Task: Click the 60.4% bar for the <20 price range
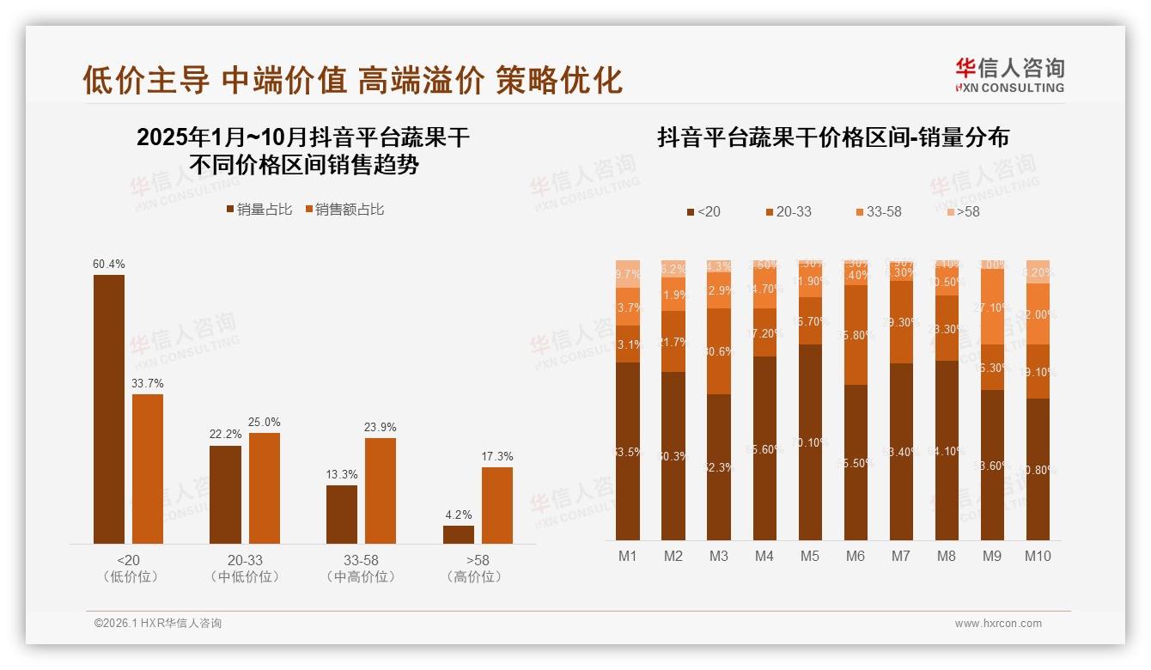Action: [x=109, y=409]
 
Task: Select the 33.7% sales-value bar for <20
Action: [x=148, y=468]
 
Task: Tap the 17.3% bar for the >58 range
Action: [x=496, y=505]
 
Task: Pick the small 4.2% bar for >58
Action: [x=458, y=534]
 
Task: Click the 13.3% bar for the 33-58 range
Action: [x=342, y=514]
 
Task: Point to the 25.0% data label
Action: [x=265, y=423]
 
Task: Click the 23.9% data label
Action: [x=381, y=428]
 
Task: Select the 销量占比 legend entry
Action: [x=259, y=210]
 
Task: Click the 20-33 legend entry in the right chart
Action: [x=788, y=211]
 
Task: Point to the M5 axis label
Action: [x=809, y=556]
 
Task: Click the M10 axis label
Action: [x=1038, y=556]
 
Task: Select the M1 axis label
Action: [x=628, y=556]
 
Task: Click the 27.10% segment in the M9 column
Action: [x=992, y=307]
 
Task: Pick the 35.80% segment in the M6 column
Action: [x=856, y=335]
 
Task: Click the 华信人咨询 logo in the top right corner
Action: [x=1009, y=75]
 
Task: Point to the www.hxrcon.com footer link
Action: [x=998, y=624]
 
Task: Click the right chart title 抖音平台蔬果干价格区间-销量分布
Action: [x=833, y=137]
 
